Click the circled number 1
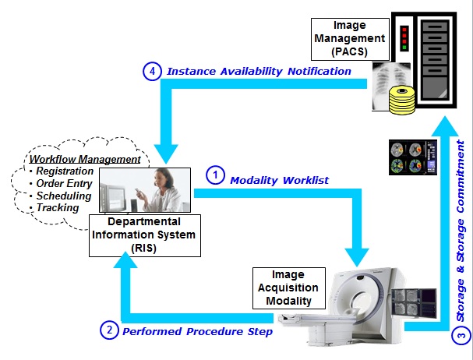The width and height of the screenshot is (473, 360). point(215,175)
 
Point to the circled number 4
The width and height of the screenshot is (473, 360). point(154,72)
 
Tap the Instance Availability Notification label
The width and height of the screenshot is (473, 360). point(258,72)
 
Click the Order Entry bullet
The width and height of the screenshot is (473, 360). point(65,184)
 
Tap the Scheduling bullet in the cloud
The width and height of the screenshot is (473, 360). point(64,196)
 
